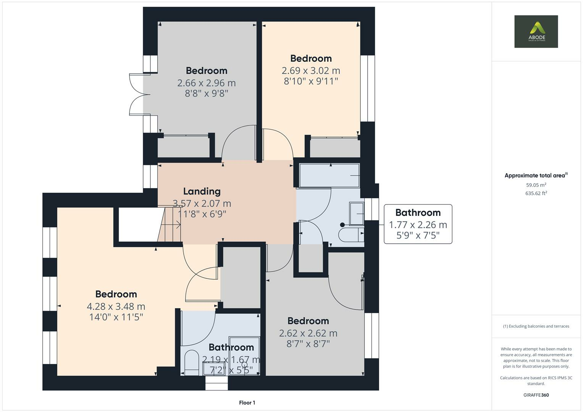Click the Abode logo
(536, 31)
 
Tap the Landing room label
(202, 192)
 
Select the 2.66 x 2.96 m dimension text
(207, 83)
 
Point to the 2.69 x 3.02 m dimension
(311, 71)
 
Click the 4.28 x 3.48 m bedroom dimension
(116, 306)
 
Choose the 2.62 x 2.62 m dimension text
(308, 333)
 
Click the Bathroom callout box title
(418, 212)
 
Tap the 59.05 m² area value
(536, 185)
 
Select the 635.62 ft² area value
(536, 193)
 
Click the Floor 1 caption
(247, 402)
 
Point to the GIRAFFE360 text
(536, 395)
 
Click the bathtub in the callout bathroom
(329, 175)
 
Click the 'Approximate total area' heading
(536, 175)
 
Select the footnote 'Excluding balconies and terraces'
(536, 326)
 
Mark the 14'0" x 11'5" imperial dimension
(116, 317)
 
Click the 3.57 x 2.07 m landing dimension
(202, 203)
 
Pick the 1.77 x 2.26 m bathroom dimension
(418, 225)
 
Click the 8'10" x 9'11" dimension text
(311, 81)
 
